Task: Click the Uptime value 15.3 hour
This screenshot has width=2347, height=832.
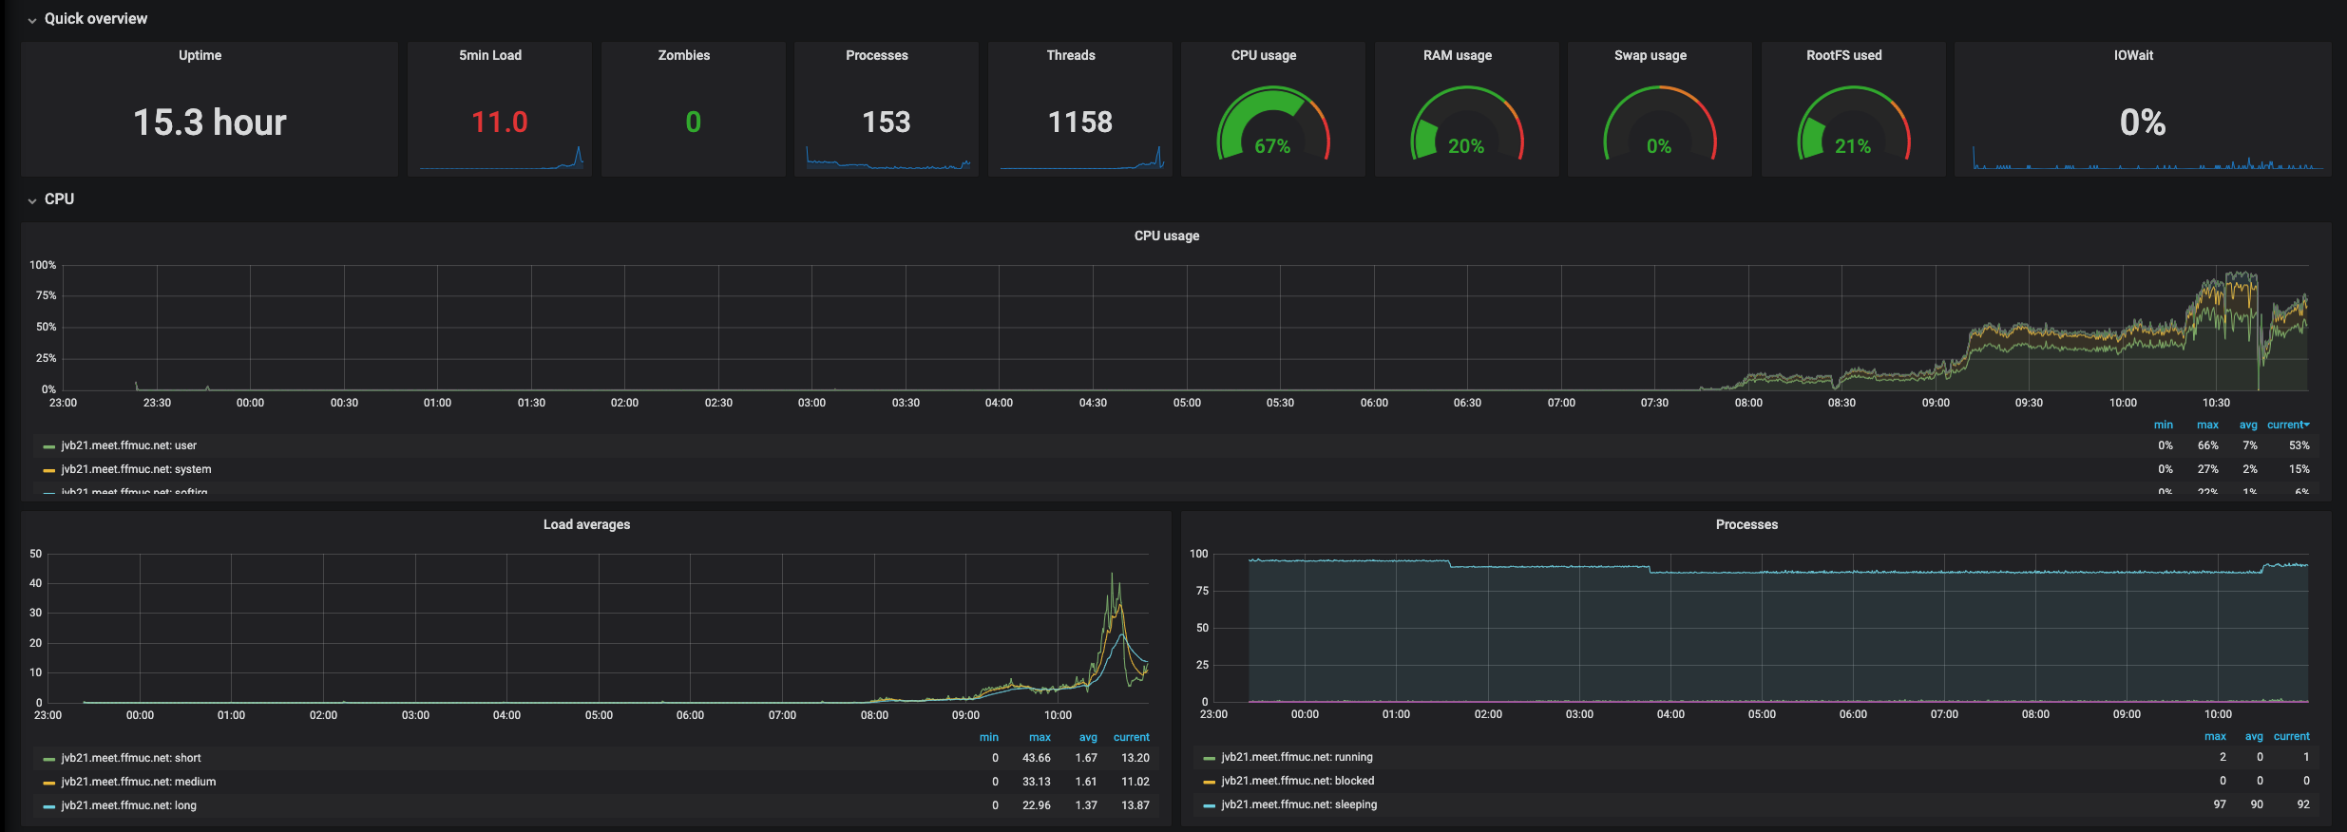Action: (209, 123)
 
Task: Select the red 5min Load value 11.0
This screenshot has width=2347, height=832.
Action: (500, 123)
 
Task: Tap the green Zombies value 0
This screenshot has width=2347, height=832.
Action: (694, 123)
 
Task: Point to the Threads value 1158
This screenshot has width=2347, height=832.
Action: (1079, 123)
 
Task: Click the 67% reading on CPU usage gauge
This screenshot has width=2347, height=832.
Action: (1272, 146)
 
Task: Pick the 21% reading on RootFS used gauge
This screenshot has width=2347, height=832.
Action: (1852, 146)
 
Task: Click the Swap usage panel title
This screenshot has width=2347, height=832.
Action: (1650, 55)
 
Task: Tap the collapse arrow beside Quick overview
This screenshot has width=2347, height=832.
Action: (32, 20)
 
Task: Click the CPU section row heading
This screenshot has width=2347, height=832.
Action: (59, 199)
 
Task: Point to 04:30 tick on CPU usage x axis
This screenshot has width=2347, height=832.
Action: (1093, 403)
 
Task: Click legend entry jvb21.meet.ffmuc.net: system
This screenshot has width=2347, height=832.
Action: (136, 469)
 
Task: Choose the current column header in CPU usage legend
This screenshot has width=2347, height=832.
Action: (2286, 425)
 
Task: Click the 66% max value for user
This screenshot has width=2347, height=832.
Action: (2207, 445)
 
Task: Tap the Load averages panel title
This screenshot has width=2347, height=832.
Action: (586, 524)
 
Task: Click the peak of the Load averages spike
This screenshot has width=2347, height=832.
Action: (1112, 574)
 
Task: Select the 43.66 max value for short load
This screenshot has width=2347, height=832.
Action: (1036, 758)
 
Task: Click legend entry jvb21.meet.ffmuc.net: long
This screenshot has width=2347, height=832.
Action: (128, 805)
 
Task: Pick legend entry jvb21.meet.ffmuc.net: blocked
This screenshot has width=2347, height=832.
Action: (1297, 781)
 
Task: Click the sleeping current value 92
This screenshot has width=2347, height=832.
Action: (2303, 804)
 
